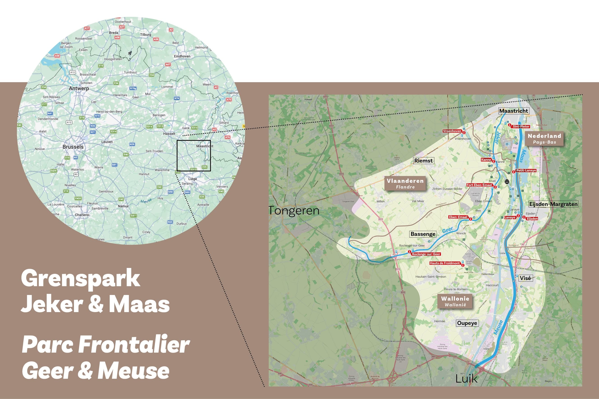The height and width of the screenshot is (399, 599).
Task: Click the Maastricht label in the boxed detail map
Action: [513, 111]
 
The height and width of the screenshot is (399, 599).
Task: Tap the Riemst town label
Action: [423, 161]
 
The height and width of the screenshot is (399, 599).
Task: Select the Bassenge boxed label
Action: [423, 234]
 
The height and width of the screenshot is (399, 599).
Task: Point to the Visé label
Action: [525, 278]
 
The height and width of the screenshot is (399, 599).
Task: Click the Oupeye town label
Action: [467, 323]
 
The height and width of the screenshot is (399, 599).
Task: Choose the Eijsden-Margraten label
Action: [553, 204]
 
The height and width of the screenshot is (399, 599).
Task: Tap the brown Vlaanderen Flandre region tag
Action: [405, 184]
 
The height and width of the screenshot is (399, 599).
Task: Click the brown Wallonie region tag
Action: [455, 301]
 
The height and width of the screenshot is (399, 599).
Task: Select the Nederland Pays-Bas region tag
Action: [544, 139]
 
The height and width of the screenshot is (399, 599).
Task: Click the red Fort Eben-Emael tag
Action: [479, 185]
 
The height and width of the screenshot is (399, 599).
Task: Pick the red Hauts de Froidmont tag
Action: [445, 263]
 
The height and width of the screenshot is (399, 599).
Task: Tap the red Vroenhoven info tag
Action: [452, 131]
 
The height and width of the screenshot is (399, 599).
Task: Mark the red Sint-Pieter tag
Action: [521, 127]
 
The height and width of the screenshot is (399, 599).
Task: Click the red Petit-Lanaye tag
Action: [526, 170]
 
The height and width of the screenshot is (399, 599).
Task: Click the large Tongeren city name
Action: [294, 211]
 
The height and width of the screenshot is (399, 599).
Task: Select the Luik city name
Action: [466, 379]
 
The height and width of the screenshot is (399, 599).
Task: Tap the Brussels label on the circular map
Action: [73, 147]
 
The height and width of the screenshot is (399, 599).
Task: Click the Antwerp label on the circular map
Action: [79, 88]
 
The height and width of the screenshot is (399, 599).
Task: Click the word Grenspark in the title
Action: [80, 279]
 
